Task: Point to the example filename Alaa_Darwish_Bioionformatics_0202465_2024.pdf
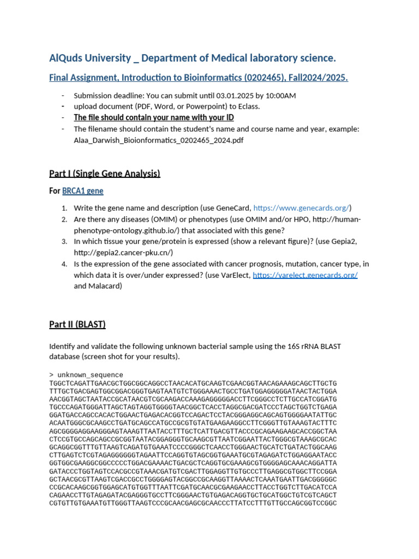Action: click(x=159, y=140)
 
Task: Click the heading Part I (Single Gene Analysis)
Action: click(x=104, y=174)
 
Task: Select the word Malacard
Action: click(x=106, y=286)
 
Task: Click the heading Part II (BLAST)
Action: click(x=77, y=324)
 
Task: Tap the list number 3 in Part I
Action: click(x=64, y=241)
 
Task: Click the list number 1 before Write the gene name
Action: click(x=64, y=208)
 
